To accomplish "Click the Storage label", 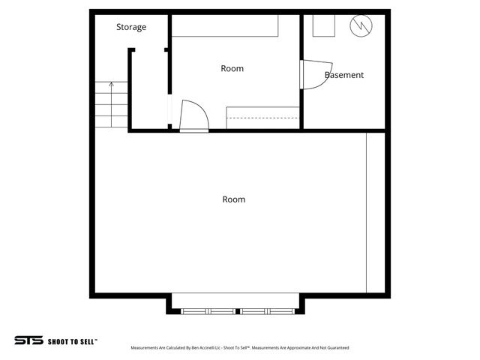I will (131, 28).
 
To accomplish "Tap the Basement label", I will (344, 75).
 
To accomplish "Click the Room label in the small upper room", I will (232, 69).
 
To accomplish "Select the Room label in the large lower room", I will (234, 199).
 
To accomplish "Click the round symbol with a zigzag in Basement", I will (361, 26).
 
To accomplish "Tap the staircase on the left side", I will (109, 103).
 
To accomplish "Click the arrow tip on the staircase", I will (111, 83).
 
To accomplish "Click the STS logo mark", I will (28, 340).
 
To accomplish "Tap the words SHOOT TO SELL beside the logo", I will (73, 340).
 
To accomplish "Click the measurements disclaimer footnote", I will (240, 348).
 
